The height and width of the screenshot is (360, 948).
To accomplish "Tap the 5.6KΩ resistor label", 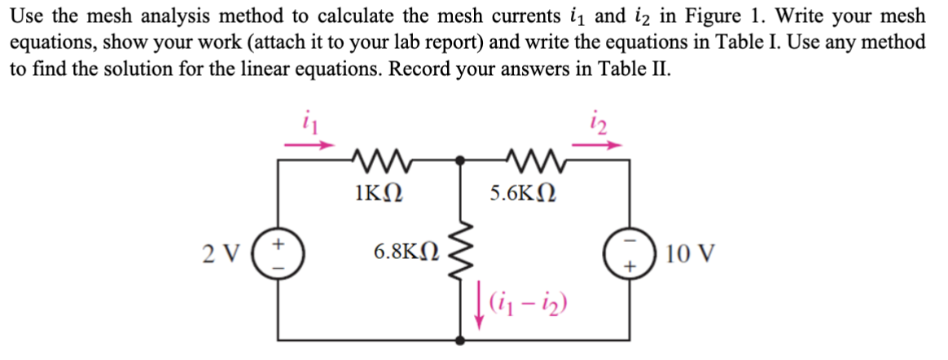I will point(524,194).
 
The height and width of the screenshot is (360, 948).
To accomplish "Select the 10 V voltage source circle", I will point(627,253).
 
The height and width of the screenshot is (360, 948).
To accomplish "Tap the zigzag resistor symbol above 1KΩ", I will point(378,159).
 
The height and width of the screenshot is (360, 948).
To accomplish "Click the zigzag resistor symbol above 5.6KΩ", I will point(526,159).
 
